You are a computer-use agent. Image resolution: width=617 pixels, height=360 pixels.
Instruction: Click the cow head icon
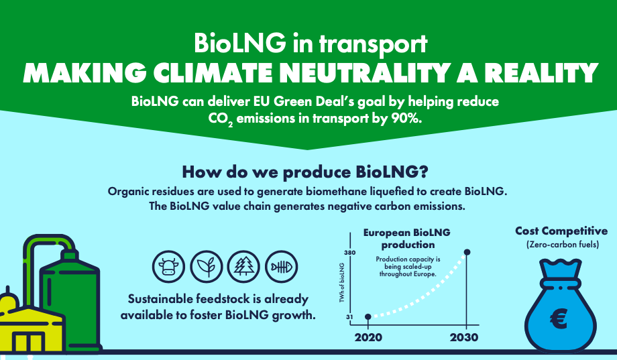(168, 267)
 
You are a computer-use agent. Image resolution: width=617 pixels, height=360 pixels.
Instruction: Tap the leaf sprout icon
(206, 267)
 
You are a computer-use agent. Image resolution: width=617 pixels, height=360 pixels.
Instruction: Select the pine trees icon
(243, 267)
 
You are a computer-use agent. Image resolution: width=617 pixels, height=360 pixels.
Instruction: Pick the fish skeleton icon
(282, 267)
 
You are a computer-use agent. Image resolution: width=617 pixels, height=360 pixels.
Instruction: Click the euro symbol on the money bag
(559, 318)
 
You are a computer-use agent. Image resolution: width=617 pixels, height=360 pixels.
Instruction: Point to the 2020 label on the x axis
(368, 337)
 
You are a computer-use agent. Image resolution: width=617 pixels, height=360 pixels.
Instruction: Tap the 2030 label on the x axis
(464, 337)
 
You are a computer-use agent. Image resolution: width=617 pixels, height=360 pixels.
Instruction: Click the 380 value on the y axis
(350, 253)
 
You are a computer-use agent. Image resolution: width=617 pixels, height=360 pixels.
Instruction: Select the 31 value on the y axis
(349, 316)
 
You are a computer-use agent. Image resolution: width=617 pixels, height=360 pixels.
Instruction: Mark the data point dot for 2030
(467, 252)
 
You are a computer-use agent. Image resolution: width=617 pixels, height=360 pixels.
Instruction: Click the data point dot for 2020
(368, 316)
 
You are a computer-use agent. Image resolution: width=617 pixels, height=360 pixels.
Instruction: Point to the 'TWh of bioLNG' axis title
(341, 282)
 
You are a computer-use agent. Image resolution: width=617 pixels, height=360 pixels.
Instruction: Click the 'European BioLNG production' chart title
(407, 239)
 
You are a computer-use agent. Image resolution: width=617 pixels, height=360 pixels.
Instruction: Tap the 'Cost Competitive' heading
(561, 231)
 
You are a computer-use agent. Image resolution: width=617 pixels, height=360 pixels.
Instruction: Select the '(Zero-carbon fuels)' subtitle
(563, 245)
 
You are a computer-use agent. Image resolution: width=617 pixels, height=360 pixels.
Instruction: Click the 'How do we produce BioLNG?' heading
(305, 172)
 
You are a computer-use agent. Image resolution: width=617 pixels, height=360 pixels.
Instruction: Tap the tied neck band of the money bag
(561, 284)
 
